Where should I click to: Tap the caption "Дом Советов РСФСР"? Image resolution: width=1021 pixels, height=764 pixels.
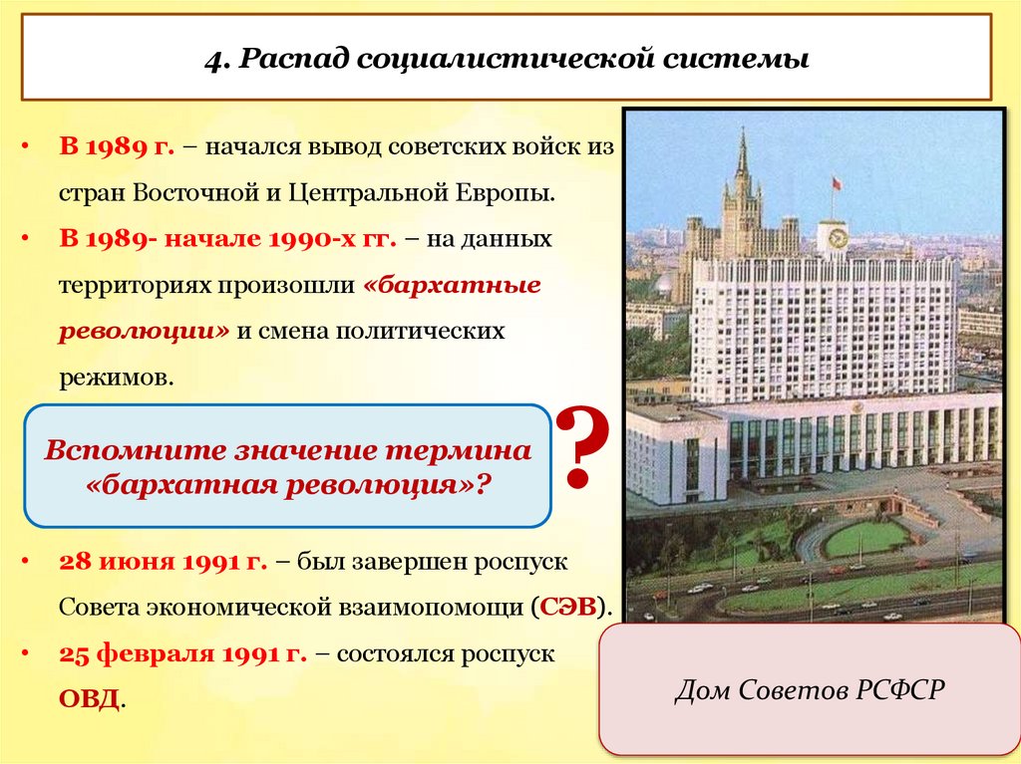click(x=809, y=690)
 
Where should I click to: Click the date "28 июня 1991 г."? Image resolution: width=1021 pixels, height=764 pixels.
click(x=163, y=561)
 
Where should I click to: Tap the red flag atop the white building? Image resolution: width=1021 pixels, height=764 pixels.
click(x=835, y=182)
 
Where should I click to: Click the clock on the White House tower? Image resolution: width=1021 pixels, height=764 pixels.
click(x=837, y=238)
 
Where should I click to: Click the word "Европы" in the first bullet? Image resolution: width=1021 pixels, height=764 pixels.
click(x=517, y=193)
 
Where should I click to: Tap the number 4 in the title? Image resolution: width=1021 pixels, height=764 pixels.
click(x=213, y=60)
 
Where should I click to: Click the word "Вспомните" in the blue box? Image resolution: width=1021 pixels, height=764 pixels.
click(x=130, y=450)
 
